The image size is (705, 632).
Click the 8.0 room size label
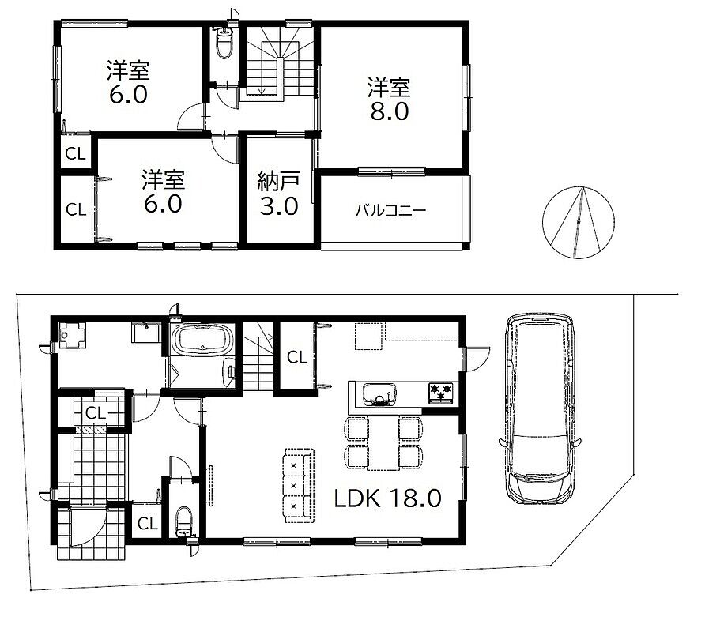point(390,111)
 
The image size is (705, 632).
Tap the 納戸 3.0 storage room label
point(279,194)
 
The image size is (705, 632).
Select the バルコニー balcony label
point(390,210)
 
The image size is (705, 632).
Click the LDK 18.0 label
point(387,498)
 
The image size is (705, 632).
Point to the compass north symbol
point(579,222)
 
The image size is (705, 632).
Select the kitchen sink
point(380,394)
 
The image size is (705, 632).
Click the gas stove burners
point(442,393)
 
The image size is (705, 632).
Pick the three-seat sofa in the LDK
point(299,486)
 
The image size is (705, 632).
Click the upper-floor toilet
point(224,42)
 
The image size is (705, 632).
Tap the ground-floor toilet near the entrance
point(184,521)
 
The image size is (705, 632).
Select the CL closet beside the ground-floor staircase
point(297,357)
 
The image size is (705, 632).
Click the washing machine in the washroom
point(72,335)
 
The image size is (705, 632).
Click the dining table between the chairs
point(383,443)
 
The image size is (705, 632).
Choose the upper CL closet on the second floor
point(76,153)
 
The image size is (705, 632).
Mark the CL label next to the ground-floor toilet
point(148,523)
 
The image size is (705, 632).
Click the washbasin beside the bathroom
point(146,333)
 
